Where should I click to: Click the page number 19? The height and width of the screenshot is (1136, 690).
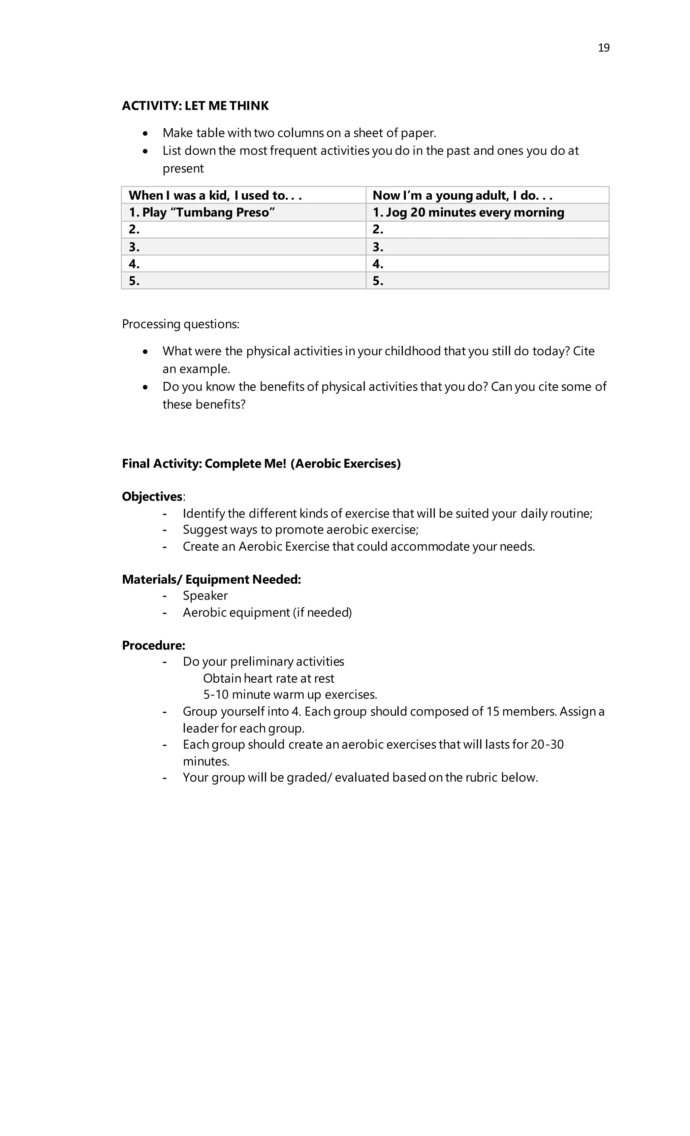pyautogui.click(x=603, y=48)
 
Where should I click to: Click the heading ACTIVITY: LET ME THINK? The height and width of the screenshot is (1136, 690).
pyautogui.click(x=195, y=106)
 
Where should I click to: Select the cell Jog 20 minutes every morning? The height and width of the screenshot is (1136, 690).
pyautogui.click(x=468, y=213)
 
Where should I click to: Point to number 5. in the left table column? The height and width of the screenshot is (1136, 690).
pyautogui.click(x=134, y=281)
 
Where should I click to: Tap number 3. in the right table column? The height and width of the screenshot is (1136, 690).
pyautogui.click(x=378, y=247)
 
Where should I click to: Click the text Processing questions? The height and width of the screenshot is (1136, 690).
pyautogui.click(x=180, y=324)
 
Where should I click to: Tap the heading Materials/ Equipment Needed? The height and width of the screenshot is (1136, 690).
pyautogui.click(x=211, y=580)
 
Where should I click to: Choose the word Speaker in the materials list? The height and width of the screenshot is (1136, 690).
pyautogui.click(x=205, y=596)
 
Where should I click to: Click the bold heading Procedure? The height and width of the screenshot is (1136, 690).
pyautogui.click(x=154, y=645)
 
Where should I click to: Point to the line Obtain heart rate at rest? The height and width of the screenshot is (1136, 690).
pyautogui.click(x=269, y=679)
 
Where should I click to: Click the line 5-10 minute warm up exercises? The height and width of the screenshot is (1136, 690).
pyautogui.click(x=290, y=695)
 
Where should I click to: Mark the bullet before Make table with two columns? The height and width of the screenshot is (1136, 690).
pyautogui.click(x=146, y=134)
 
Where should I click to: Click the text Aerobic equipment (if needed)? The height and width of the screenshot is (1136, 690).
pyautogui.click(x=267, y=613)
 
